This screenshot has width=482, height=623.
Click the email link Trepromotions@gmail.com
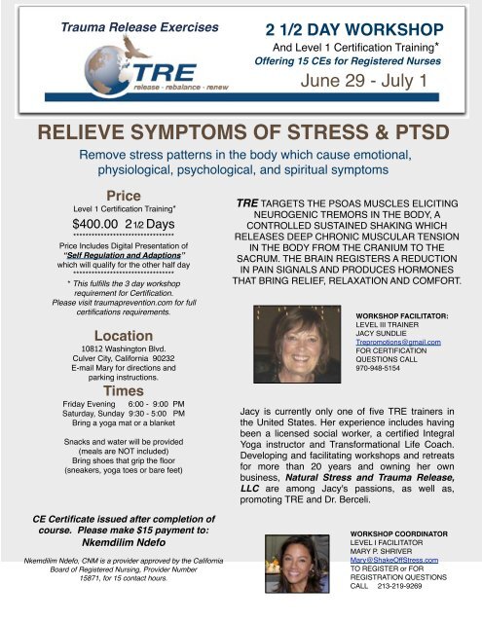[399, 343]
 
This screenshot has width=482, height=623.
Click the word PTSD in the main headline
[420, 132]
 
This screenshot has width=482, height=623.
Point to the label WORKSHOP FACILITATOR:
[401, 316]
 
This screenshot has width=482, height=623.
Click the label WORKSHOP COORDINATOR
[401, 534]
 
